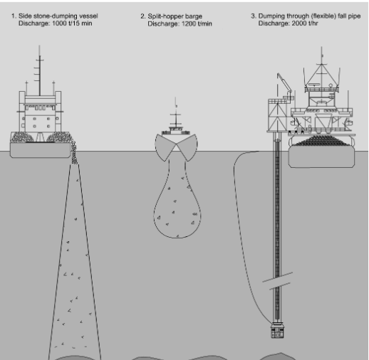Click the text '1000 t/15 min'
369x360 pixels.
tap(72, 23)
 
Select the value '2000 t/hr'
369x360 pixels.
tap(305, 23)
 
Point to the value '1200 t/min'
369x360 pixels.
tap(197, 24)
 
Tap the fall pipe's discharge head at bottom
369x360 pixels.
tap(277, 330)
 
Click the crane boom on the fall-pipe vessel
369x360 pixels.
tap(284, 83)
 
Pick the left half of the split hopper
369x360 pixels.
tap(165, 147)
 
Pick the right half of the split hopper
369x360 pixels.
tap(187, 147)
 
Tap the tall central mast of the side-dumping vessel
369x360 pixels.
tap(40, 70)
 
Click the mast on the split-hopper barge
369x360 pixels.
tap(176, 114)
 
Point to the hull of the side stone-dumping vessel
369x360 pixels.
tap(41, 150)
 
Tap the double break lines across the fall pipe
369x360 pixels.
tap(277, 281)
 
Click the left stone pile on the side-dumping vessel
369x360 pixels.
tap(23, 137)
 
